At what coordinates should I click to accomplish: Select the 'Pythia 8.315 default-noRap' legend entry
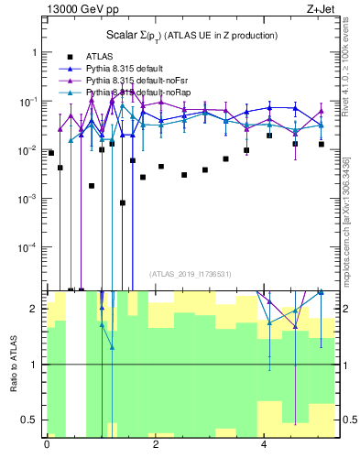(x=140, y=93)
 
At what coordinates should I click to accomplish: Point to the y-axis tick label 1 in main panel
(x=34, y=52)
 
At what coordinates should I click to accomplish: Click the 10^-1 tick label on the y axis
(x=29, y=101)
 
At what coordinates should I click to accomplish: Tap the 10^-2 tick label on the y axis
(x=29, y=149)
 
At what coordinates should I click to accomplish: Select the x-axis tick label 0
(x=47, y=444)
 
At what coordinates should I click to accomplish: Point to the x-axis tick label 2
(x=157, y=444)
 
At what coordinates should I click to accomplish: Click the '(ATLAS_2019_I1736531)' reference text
(x=190, y=273)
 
